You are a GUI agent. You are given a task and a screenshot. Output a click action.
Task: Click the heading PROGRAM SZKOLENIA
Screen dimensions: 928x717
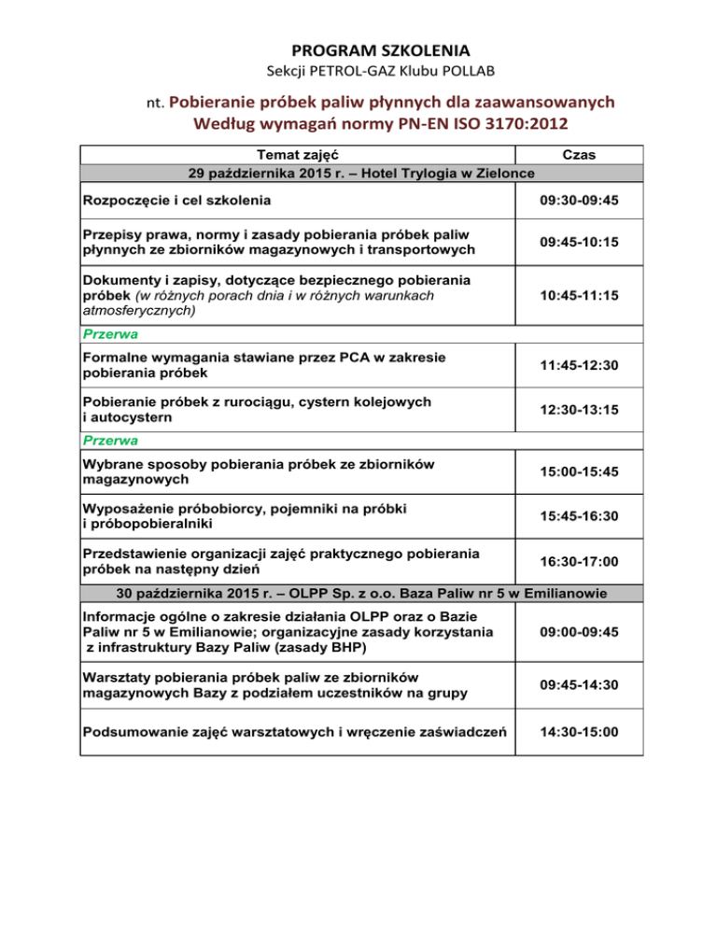point(358,48)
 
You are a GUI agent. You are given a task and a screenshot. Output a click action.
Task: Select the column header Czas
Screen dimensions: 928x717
point(582,155)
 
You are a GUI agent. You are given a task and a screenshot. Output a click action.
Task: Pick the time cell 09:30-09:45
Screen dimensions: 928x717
point(582,200)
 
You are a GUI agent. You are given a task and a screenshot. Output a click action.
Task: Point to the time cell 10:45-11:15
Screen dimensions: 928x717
point(582,293)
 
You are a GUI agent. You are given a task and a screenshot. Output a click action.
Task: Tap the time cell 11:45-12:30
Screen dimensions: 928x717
point(582,365)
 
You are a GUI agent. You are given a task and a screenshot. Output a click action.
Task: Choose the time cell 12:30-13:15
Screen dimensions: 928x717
point(582,410)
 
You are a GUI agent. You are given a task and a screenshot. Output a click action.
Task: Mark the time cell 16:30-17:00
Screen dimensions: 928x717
point(582,560)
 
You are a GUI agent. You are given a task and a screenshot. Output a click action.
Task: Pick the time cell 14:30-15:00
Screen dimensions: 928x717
point(582,735)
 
